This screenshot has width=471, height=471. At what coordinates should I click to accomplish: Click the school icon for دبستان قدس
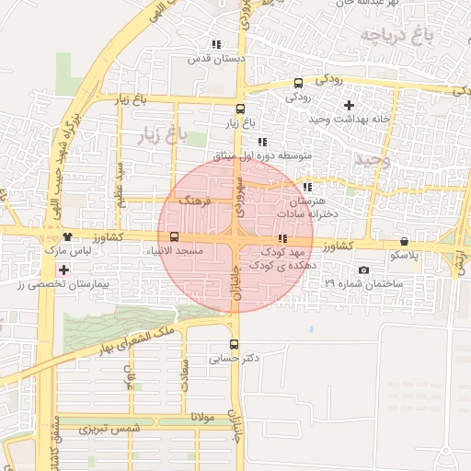pyautogui.click(x=216, y=44)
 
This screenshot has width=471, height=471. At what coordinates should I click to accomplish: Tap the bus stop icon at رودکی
pyautogui.click(x=295, y=82)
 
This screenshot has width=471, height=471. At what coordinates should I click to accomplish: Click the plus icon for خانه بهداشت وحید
pyautogui.click(x=349, y=106)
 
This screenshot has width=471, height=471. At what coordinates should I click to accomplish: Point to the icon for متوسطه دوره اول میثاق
pyautogui.click(x=262, y=143)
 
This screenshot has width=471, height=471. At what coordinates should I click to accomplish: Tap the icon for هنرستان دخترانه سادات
pyautogui.click(x=307, y=187)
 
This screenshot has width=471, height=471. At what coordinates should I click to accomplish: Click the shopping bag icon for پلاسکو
pyautogui.click(x=405, y=241)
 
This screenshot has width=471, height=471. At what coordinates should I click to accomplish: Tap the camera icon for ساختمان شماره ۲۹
pyautogui.click(x=364, y=270)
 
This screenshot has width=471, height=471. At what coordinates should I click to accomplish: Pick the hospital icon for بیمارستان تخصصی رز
pyautogui.click(x=63, y=270)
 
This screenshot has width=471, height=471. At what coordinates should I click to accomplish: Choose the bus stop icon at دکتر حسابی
pyautogui.click(x=235, y=344)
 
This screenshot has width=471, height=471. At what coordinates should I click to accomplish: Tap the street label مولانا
pyautogui.click(x=202, y=418)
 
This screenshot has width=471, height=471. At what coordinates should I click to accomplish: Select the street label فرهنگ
pyautogui.click(x=195, y=200)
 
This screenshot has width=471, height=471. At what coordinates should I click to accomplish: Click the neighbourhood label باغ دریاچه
pyautogui.click(x=395, y=37)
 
